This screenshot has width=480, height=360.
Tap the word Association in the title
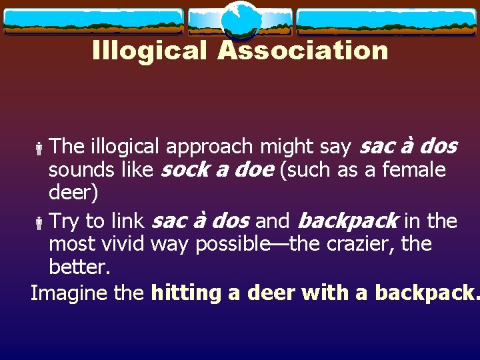[x=303, y=50]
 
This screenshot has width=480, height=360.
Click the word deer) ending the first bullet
[x=73, y=194]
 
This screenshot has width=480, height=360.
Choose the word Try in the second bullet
[x=64, y=220]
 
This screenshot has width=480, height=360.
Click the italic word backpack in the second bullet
[x=347, y=220]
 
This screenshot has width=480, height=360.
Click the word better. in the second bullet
[x=79, y=267]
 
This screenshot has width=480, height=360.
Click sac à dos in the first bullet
[x=408, y=146]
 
